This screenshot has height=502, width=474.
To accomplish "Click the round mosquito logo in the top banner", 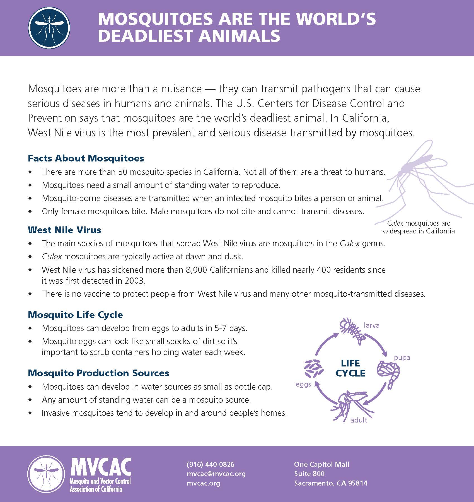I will click(x=49, y=28).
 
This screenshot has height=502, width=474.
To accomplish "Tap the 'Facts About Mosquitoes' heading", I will click(x=86, y=158).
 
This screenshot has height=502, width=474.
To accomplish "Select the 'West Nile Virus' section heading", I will click(x=64, y=230).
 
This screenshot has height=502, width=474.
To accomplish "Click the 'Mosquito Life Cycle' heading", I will click(x=75, y=315).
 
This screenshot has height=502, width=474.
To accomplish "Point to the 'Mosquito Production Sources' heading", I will click(x=98, y=373).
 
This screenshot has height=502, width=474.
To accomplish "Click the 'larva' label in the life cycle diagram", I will click(x=371, y=325).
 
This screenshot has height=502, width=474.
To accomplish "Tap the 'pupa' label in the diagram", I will click(x=402, y=358).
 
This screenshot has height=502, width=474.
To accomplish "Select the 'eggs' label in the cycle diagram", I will click(x=303, y=384).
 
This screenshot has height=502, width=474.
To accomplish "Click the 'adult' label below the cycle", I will click(x=359, y=420).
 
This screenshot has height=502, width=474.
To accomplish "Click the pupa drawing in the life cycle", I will click(x=389, y=374).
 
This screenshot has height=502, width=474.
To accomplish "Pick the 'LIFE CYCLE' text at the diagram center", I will click(x=350, y=368).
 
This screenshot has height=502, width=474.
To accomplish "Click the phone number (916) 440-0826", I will click(x=211, y=464).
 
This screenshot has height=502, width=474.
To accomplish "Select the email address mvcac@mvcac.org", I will click(x=216, y=474).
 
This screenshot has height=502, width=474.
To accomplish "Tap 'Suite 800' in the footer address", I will click(x=309, y=474).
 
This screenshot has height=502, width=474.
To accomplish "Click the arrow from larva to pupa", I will click(x=378, y=344).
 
